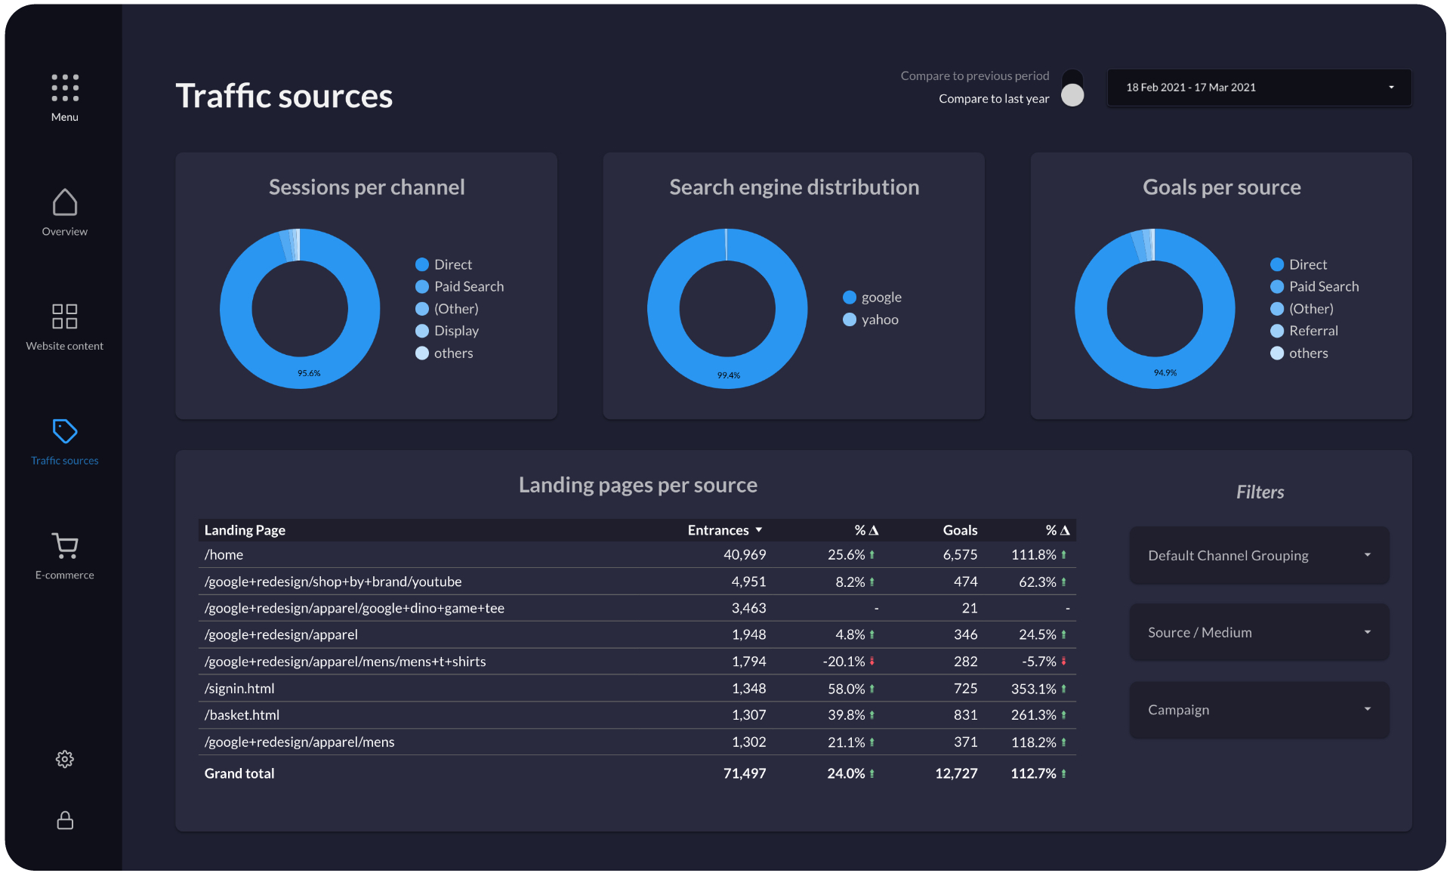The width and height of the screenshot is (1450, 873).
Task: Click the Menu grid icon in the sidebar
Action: click(65, 88)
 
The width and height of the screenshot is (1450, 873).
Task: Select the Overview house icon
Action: click(65, 202)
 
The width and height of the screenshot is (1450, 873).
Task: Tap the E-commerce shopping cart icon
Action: click(65, 545)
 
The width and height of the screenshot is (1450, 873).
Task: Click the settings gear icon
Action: click(65, 759)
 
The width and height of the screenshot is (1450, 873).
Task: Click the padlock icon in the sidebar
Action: click(65, 820)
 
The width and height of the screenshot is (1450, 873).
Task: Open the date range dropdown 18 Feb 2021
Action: click(1258, 88)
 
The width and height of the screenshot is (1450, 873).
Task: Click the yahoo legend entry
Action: click(879, 319)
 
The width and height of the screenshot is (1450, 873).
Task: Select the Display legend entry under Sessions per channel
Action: click(455, 331)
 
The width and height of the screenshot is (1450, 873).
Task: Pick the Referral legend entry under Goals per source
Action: click(1313, 331)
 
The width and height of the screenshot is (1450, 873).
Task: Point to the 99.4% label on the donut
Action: click(728, 375)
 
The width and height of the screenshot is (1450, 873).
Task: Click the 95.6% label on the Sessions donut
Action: click(309, 373)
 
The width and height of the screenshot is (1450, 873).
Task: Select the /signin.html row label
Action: click(239, 688)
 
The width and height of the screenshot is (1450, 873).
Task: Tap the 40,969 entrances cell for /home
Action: click(744, 554)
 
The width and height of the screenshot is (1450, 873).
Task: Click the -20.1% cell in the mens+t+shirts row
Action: click(844, 662)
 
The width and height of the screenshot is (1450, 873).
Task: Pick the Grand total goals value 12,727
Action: click(955, 773)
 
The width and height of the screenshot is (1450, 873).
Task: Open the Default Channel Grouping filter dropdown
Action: click(1258, 555)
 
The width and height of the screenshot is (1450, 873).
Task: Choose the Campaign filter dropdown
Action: click(1258, 709)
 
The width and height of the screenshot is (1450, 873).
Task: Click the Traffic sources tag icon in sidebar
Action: click(65, 431)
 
